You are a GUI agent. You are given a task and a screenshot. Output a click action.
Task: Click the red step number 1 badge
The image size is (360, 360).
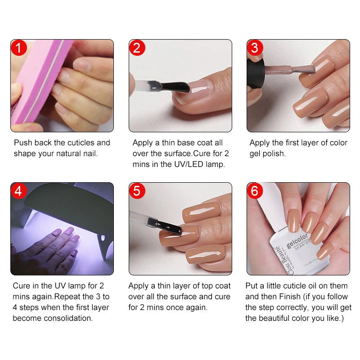[19, 48]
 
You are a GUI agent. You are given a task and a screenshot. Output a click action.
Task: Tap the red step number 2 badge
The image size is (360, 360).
[137, 48]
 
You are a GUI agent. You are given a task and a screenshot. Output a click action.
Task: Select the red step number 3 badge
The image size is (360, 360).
[255, 48]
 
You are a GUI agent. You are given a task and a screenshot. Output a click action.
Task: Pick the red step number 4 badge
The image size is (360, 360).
[19, 191]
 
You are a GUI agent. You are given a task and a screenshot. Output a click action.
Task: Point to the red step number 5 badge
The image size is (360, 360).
[137, 191]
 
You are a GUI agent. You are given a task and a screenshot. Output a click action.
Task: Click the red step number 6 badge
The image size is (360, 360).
[255, 191]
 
